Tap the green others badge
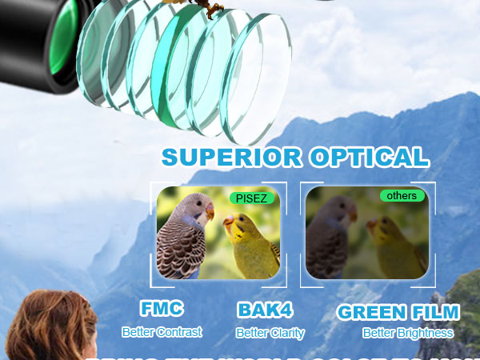(402, 195)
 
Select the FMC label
(162, 309)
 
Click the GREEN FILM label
(398, 312)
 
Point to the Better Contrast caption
(162, 331)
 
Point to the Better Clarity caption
(270, 333)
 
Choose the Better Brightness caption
(407, 333)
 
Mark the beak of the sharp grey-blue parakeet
(209, 213)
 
